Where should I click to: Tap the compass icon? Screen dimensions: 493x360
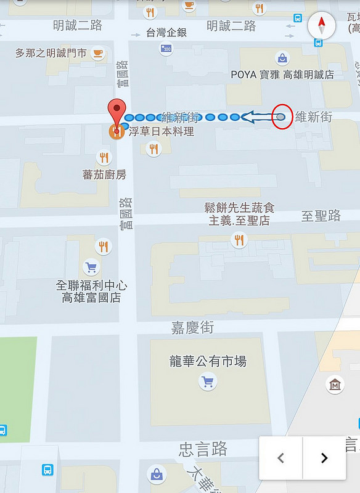321,26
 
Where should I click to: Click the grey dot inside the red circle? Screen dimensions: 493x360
281,116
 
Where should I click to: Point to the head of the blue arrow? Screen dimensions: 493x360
247,116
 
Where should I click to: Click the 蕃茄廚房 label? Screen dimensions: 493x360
104,174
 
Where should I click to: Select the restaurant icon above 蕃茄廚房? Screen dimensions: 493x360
104,158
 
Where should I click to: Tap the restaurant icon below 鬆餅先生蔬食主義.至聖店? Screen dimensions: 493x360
239,240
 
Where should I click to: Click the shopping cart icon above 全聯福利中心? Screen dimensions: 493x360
91,267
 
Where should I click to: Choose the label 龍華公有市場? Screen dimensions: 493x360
208,361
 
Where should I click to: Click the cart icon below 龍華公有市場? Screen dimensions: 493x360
207,383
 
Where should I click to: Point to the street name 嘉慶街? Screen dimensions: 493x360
192,328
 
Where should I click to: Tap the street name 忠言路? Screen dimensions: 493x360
203,448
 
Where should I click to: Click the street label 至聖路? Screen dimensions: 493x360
321,215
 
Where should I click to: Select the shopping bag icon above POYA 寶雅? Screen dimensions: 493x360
282,59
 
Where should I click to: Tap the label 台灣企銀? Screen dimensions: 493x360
166,33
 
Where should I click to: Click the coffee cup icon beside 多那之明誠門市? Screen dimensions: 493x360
97,54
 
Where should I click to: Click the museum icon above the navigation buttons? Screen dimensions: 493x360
335,385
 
